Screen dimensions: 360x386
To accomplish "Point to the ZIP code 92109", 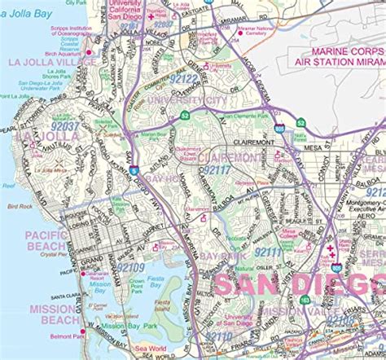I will point(129,267).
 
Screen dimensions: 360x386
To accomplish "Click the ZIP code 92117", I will point(217,169).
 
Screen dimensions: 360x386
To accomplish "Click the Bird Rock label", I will point(20,206).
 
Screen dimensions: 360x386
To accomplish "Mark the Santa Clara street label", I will point(68,296).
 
